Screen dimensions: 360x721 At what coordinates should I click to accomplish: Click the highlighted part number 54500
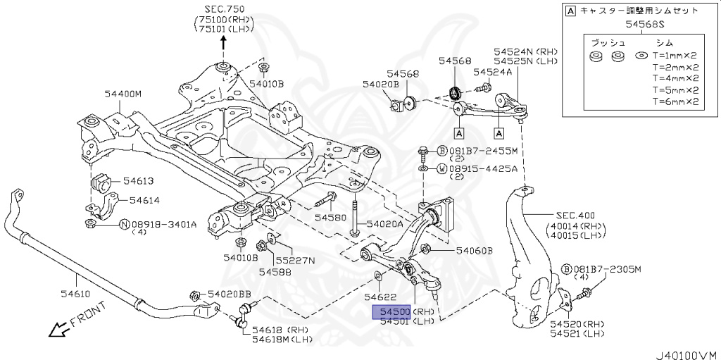tap(391, 311)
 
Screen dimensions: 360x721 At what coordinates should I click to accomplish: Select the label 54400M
tap(123, 93)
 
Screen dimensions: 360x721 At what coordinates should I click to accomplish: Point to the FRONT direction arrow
tap(70, 321)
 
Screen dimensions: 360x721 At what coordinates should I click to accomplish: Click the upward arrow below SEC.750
tap(224, 42)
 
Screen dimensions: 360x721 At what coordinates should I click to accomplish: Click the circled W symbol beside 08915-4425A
tap(441, 169)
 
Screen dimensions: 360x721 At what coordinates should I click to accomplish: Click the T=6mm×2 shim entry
tap(676, 101)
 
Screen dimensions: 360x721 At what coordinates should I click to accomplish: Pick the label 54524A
tap(493, 72)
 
